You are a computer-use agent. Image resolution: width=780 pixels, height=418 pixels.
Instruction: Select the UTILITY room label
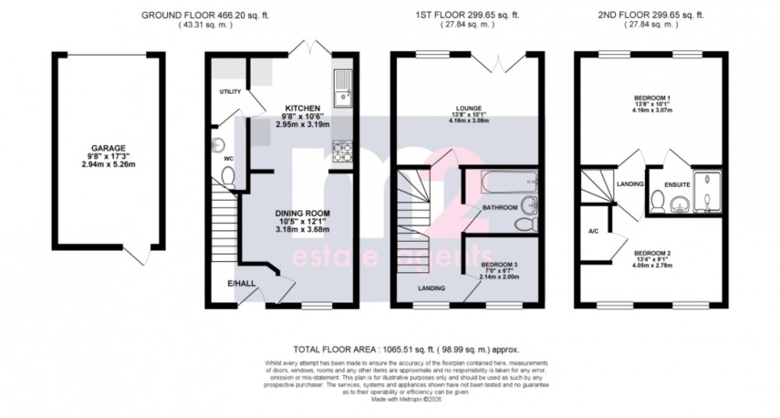pos(229,92)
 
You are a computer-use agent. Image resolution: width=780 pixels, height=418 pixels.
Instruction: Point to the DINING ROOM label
pos(302,214)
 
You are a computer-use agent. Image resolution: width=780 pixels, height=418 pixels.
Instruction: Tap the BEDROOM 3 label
pos(500,265)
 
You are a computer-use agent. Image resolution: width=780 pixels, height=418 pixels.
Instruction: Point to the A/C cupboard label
pos(593,231)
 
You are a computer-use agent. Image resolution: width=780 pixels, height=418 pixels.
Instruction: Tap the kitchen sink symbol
pos(343,84)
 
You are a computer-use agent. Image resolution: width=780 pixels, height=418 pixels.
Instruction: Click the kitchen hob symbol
pos(344,152)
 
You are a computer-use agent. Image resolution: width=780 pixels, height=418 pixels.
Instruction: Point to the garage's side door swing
pos(137,254)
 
